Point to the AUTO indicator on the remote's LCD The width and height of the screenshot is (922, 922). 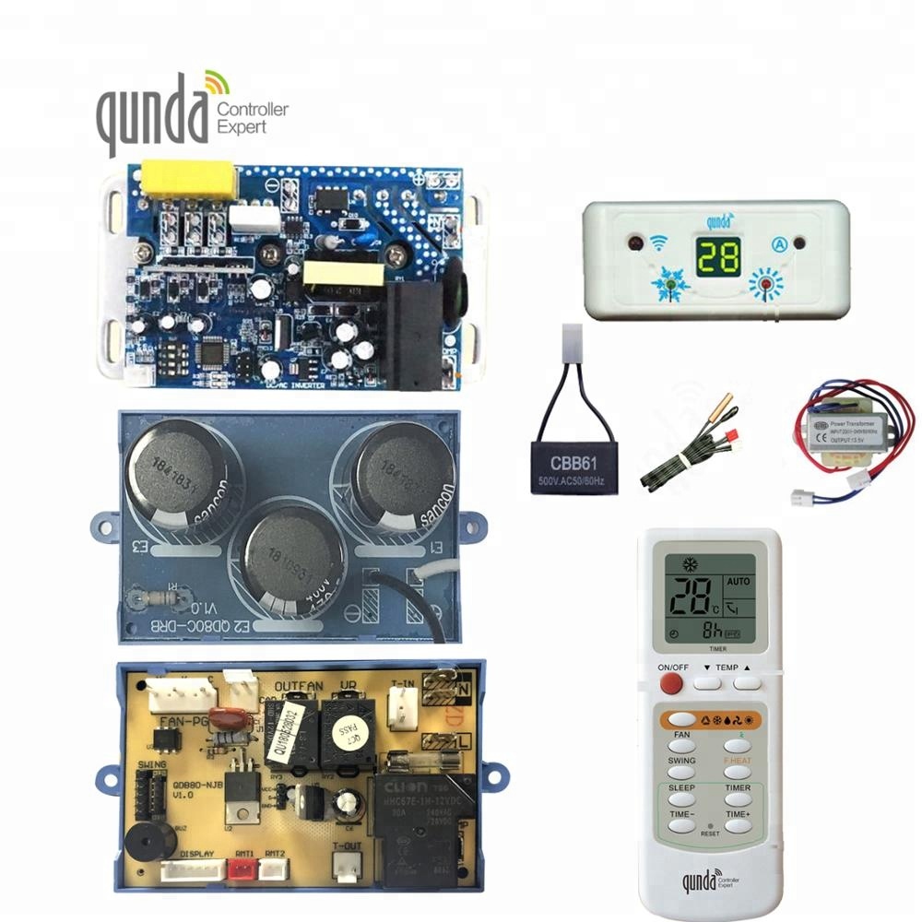[x=739, y=583]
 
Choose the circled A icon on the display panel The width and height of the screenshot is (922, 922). [x=776, y=245]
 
